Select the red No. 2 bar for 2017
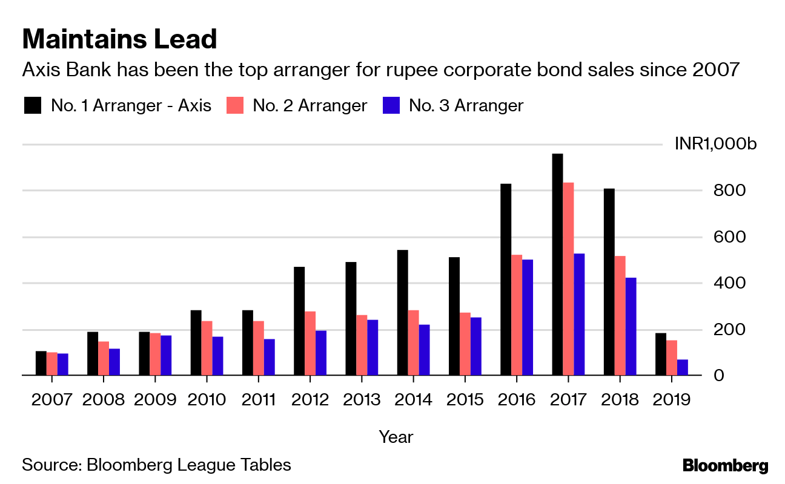(568, 279)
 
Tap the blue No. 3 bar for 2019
(683, 367)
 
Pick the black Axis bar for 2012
(299, 321)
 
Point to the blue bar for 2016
(528, 318)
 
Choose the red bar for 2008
(104, 358)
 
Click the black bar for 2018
(609, 282)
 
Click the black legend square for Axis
(33, 106)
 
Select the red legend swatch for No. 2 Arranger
(235, 106)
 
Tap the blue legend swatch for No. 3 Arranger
(391, 106)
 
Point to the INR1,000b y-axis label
(715, 145)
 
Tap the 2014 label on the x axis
(413, 400)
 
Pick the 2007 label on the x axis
(52, 400)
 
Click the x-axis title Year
(396, 436)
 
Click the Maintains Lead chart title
(119, 39)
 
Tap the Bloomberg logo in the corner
(725, 466)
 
